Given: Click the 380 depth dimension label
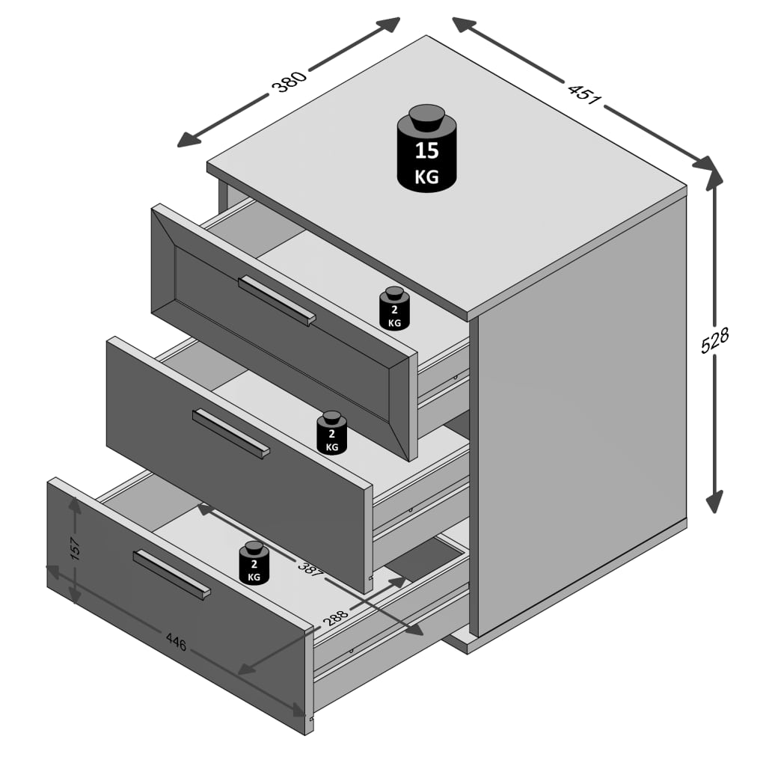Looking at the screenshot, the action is point(289,81).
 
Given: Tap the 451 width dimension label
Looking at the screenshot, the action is point(584,93).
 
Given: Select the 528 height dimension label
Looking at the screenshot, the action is point(714,340).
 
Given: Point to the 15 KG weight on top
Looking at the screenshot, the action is point(426,147).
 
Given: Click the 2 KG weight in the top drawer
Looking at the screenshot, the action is point(394,308).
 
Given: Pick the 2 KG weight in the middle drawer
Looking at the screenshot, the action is point(331,433).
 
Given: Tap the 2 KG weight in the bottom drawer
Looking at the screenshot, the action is point(254,563).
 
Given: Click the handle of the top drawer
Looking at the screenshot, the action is point(277,301).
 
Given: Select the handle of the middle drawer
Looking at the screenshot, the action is point(230,434).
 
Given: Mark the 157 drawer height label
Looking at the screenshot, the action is point(75,548).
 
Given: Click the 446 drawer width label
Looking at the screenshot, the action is point(176,642).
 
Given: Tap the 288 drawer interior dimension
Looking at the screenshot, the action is point(335,617).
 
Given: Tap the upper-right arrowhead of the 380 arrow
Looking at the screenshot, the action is point(388,25).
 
